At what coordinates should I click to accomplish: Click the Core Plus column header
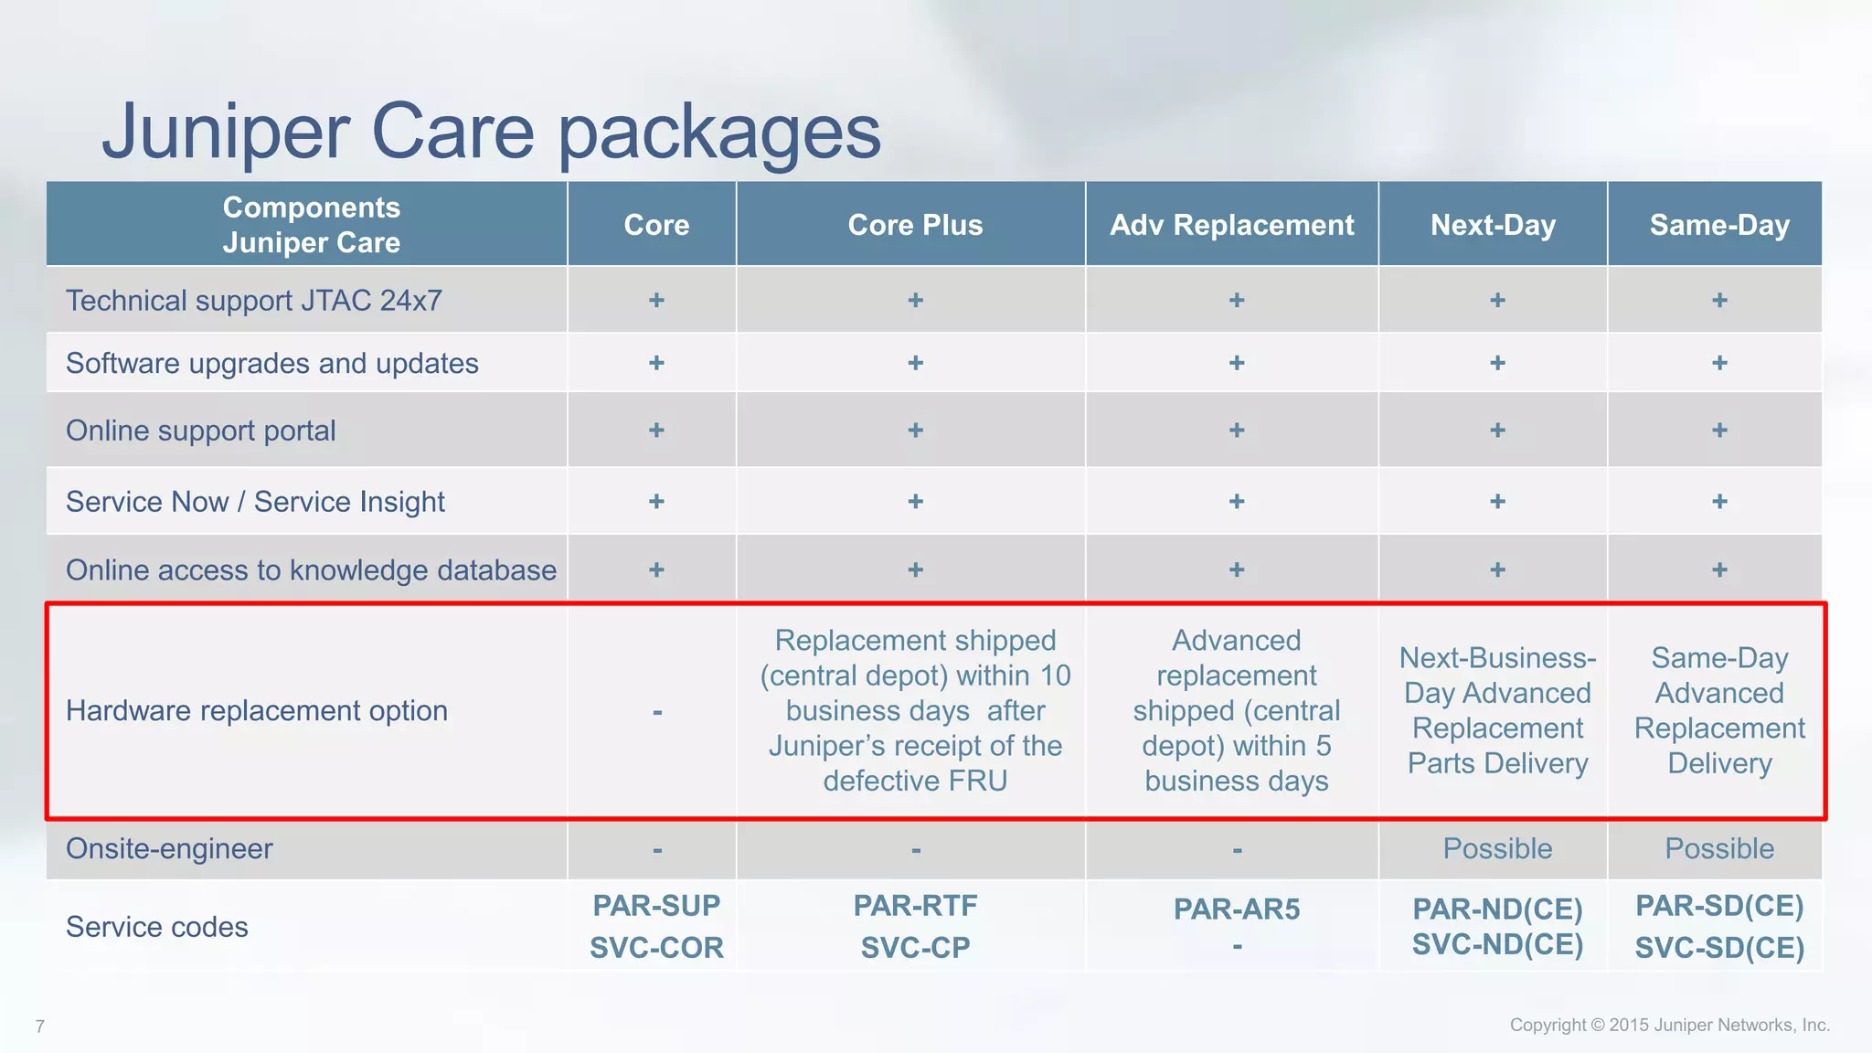point(915,225)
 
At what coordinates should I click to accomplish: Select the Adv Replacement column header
point(1231,225)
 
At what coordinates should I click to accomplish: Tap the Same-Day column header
point(1718,225)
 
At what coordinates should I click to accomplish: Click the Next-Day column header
point(1493,225)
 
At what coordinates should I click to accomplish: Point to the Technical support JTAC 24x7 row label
point(254,301)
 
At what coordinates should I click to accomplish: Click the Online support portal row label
point(201,431)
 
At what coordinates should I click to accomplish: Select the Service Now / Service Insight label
point(255,502)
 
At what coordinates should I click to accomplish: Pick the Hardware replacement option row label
point(257,711)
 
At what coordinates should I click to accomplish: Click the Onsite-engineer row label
point(169,849)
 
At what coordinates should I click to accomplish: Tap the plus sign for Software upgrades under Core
point(656,364)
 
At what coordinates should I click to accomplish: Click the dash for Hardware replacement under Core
point(656,712)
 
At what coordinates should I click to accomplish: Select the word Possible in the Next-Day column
point(1497,849)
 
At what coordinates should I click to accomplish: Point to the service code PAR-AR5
point(1236,909)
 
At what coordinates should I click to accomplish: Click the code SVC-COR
point(656,948)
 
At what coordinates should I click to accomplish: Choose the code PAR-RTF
point(915,906)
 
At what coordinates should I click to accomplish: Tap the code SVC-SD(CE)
point(1718,948)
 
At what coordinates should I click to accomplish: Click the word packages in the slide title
point(719,133)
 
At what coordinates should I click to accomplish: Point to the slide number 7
point(39,1026)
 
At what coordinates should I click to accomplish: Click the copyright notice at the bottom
point(1669,1026)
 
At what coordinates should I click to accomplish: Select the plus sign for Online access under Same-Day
point(1719,570)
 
